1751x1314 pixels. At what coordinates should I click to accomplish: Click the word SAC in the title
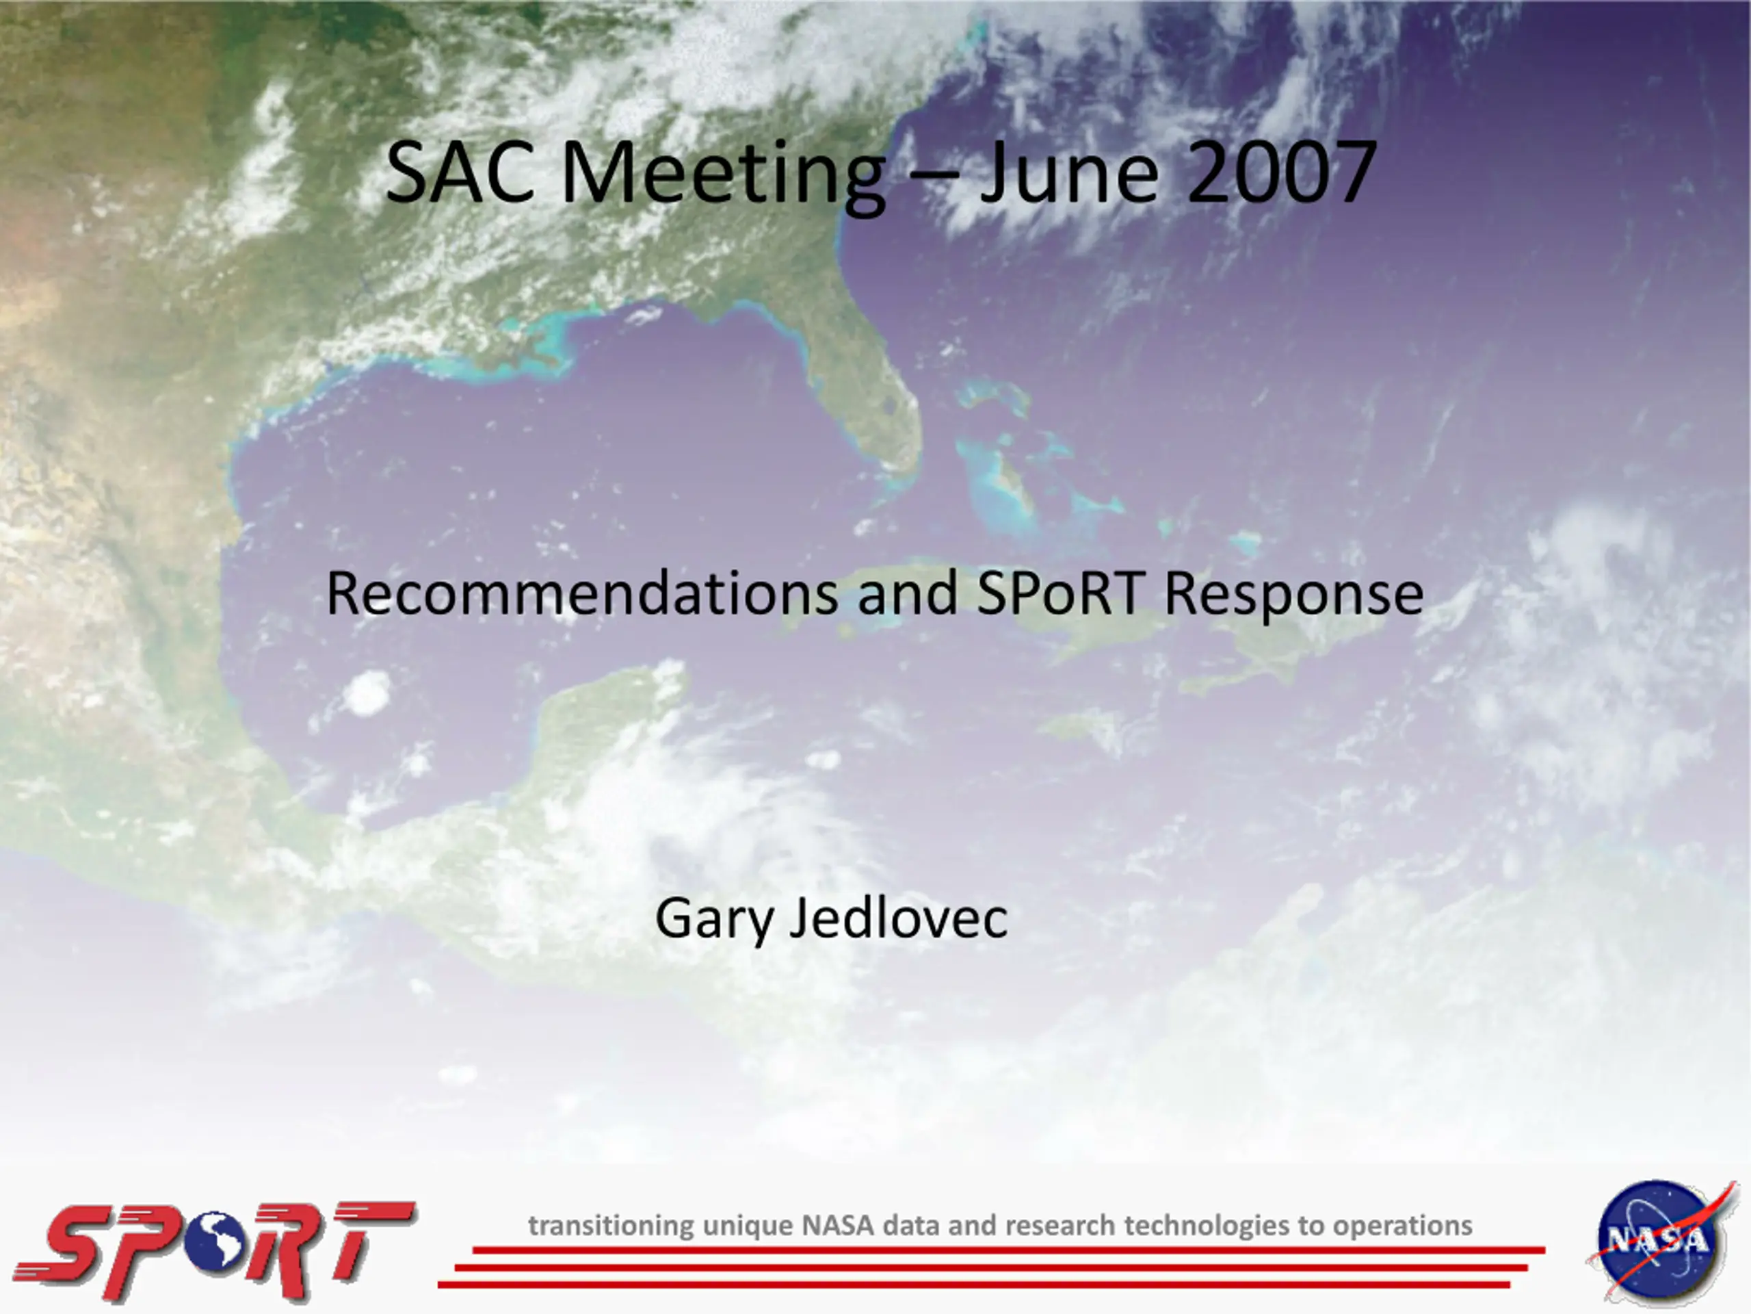click(460, 172)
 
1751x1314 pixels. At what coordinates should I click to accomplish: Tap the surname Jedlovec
click(899, 918)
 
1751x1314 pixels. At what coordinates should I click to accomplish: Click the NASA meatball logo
click(1657, 1242)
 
